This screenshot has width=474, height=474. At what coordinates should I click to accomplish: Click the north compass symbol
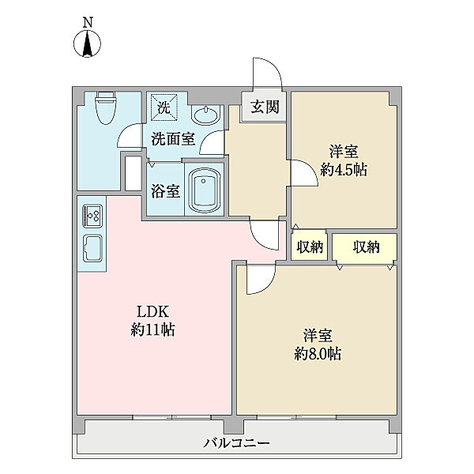point(88,39)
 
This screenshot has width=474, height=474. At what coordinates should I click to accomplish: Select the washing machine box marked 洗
point(164,107)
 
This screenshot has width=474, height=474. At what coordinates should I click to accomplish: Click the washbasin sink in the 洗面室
point(205,115)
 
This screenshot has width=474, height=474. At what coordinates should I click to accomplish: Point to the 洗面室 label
point(173,139)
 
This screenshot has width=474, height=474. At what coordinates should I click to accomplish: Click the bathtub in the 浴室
point(204,190)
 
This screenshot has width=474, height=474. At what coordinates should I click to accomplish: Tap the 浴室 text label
point(166,191)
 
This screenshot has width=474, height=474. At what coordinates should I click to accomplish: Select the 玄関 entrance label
point(265,107)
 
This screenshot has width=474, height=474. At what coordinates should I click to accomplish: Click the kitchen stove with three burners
point(92,216)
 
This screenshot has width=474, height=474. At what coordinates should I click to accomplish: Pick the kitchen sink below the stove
point(92,249)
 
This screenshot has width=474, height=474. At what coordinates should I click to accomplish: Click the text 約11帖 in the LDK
point(153,329)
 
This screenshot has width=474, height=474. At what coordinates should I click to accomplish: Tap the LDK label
point(152,311)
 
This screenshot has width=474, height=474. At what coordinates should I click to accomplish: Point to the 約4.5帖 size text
point(344,171)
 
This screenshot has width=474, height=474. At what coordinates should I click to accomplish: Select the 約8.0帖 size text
point(318,354)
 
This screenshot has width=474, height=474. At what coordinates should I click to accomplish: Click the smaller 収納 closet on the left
point(310,246)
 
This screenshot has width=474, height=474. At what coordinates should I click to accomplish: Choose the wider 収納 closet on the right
point(365,248)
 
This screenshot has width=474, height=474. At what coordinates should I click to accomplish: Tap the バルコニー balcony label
point(236,443)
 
